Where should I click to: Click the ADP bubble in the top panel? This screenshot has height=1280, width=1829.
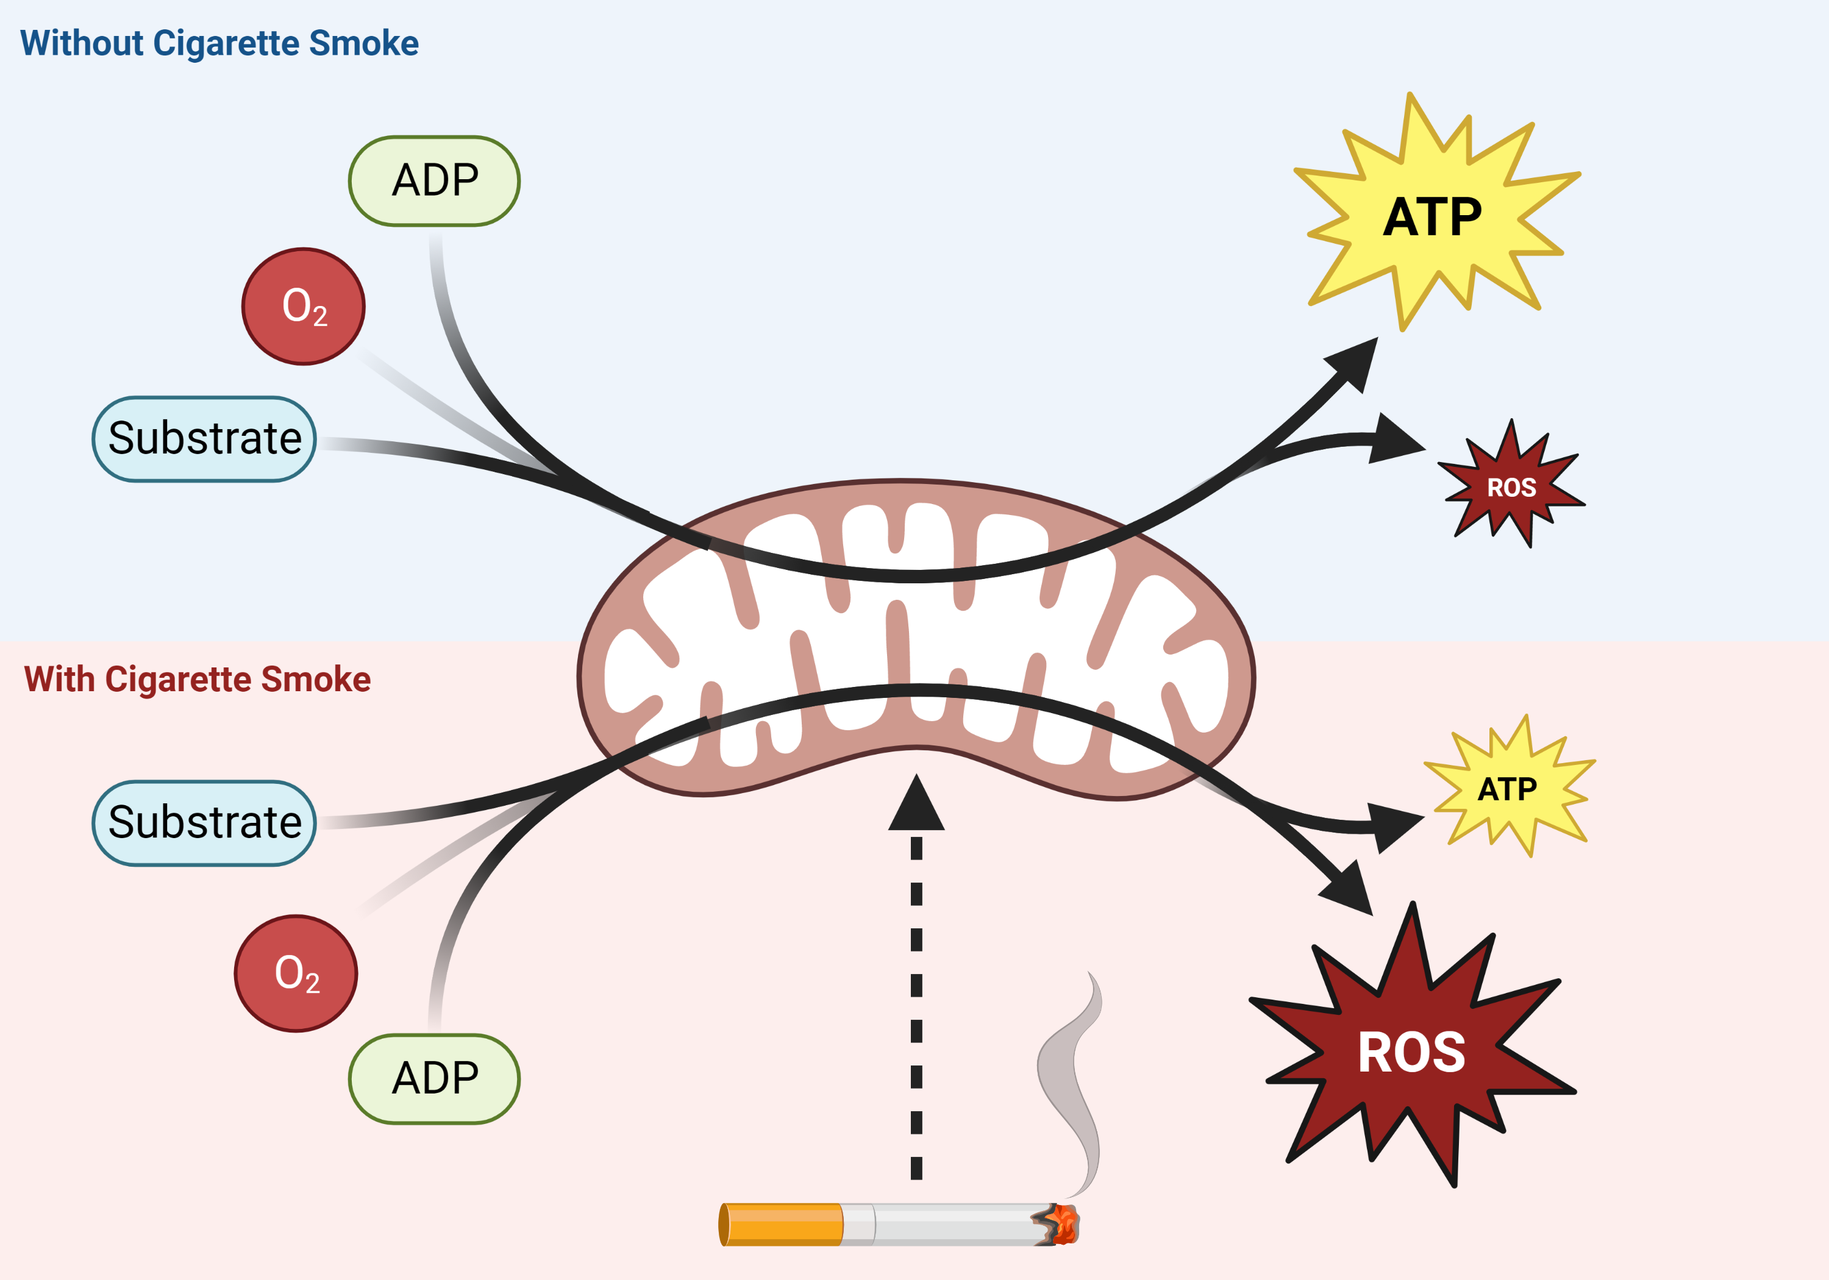(x=434, y=181)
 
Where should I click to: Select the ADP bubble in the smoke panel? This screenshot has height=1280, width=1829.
(x=434, y=1078)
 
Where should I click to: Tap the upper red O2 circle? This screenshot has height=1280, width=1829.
(x=304, y=307)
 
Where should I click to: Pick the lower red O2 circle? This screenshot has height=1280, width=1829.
(x=296, y=973)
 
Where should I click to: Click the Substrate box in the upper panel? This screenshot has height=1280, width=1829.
(x=205, y=439)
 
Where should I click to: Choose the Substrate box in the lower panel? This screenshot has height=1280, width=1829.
(x=205, y=823)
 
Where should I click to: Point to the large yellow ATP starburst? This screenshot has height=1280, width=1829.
(x=1432, y=216)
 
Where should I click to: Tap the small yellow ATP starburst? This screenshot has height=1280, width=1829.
(x=1507, y=789)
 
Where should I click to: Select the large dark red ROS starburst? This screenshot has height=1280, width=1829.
(x=1411, y=1051)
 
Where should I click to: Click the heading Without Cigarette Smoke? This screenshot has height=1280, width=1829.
(x=219, y=43)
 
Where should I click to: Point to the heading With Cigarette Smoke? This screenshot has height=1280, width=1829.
(x=198, y=680)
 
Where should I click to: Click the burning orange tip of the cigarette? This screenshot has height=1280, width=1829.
(x=1063, y=1225)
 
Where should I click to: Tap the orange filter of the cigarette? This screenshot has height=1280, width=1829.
(x=782, y=1225)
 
